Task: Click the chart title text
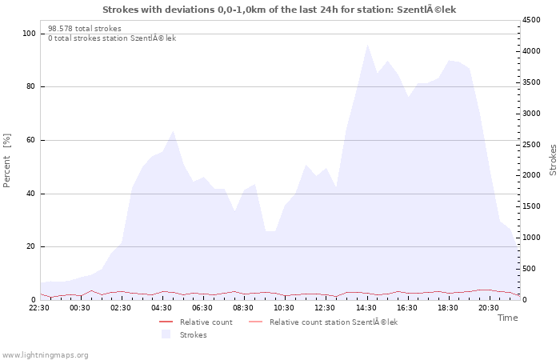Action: (279, 10)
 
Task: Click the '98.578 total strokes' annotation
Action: (85, 29)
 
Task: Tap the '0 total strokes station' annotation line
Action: (112, 38)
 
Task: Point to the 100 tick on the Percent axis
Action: (29, 34)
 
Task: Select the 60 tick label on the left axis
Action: (30, 140)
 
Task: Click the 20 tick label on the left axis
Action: (30, 246)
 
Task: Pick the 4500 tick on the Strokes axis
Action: (531, 20)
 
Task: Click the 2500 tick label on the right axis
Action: (531, 145)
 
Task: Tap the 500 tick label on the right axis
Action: (530, 269)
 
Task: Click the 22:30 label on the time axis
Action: (39, 308)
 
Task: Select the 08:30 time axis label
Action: (243, 308)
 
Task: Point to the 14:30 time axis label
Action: (366, 308)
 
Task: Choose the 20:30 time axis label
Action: (489, 308)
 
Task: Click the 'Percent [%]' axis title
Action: (6, 160)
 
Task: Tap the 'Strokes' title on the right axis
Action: (553, 160)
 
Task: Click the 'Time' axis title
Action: (508, 318)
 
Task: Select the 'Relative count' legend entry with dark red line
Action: (196, 322)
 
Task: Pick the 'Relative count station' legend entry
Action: (323, 322)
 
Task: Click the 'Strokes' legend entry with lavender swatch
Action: (184, 334)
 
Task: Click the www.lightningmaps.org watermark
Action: (45, 355)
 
